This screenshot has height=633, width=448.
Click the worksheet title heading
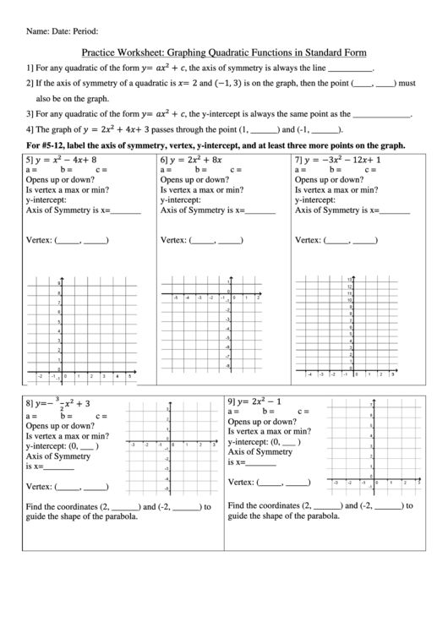(x=224, y=52)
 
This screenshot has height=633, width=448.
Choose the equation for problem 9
(x=263, y=400)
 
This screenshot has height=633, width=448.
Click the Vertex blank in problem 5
(x=81, y=240)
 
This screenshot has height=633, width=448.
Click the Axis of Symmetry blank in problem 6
(x=258, y=210)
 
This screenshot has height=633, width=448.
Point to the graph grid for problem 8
(x=170, y=448)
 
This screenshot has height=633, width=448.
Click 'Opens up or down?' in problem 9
(x=261, y=421)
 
